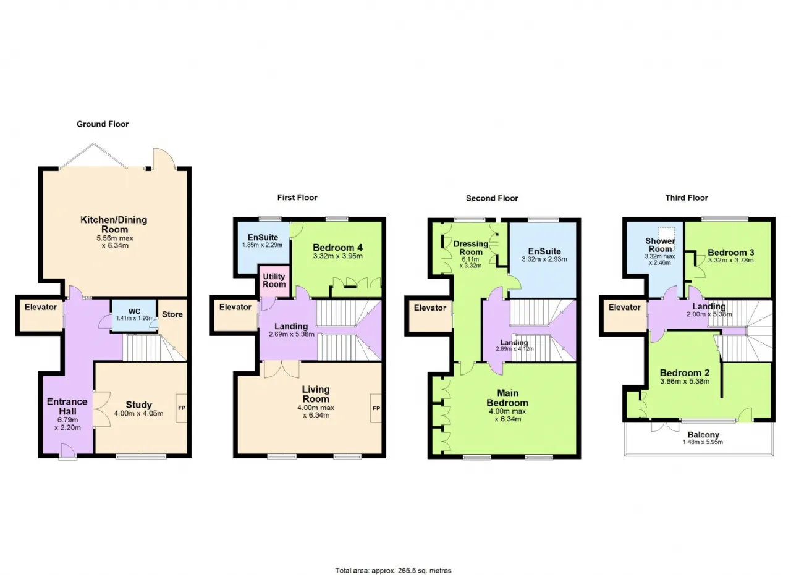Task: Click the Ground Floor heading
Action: click(103, 124)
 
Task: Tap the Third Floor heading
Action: click(687, 198)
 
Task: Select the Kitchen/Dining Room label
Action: click(114, 224)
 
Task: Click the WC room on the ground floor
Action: click(134, 315)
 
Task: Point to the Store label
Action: click(172, 314)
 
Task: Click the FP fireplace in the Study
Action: click(182, 408)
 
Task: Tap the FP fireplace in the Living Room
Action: click(376, 408)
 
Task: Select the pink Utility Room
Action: click(274, 280)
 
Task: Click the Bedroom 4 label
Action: click(337, 248)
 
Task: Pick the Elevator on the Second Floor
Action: click(429, 314)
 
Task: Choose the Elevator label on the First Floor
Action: click(235, 307)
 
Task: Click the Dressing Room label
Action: click(471, 248)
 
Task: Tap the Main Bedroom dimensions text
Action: click(507, 415)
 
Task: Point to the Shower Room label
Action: click(660, 245)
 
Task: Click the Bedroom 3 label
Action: click(730, 253)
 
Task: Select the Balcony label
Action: click(703, 435)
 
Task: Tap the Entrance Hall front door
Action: click(67, 452)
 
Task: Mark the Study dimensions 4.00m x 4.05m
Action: click(138, 413)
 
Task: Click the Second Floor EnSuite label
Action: click(544, 251)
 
